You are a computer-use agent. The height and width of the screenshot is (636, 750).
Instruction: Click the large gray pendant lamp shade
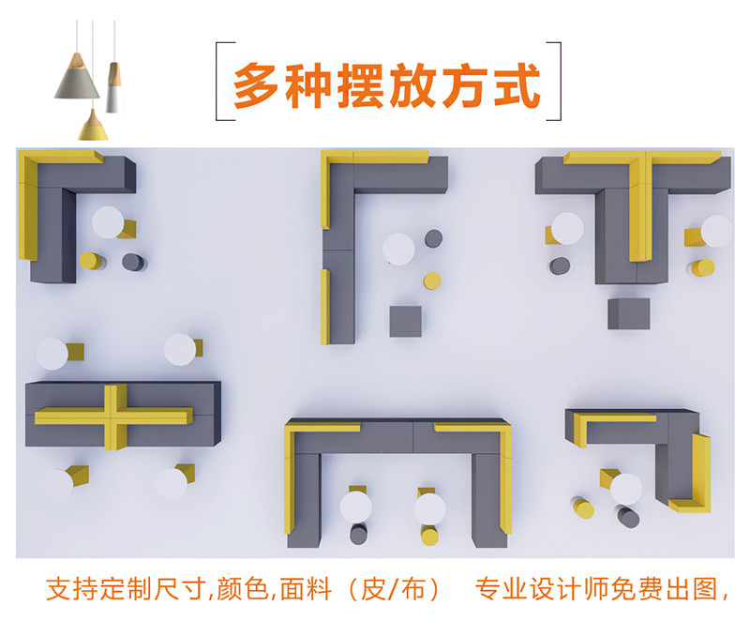[76, 76]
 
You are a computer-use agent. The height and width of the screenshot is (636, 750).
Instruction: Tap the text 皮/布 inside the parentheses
[398, 590]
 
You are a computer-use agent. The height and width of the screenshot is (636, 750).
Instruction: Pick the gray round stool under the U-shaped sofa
[358, 535]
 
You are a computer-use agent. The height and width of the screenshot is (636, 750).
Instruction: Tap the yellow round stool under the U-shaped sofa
[429, 536]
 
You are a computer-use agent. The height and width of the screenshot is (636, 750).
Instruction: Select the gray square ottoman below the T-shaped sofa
[627, 312]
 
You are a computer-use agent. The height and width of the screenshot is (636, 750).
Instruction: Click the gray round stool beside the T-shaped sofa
[561, 266]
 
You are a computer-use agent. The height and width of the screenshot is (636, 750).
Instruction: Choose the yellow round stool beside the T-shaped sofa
[702, 267]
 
